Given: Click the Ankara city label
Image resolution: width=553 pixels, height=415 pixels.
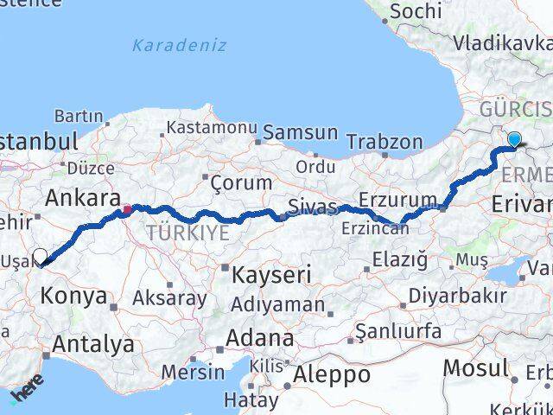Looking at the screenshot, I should [83, 198].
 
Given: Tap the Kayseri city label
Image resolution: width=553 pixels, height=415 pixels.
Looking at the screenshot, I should [271, 276].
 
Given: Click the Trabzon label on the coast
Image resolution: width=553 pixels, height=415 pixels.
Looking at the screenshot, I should [385, 142].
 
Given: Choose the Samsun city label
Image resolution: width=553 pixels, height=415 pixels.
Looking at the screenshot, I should [300, 132].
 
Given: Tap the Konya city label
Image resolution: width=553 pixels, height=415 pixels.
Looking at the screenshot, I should [73, 297].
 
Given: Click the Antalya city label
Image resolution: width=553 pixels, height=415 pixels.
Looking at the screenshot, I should [92, 344].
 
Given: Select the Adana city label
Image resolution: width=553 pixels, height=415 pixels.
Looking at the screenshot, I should [260, 338].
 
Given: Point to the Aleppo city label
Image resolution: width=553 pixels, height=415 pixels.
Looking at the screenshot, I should [333, 375].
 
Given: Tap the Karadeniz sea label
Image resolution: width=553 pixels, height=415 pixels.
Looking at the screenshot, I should [180, 45].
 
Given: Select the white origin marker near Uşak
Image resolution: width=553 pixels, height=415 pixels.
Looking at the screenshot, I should [40, 256].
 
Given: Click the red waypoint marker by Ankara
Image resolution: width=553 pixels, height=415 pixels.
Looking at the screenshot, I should [127, 208].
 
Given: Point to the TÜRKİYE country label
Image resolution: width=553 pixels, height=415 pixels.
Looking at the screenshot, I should [188, 233].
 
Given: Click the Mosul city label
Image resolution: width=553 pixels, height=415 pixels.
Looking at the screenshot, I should [474, 367].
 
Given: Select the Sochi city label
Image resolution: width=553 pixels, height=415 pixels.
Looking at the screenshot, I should [416, 11].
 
